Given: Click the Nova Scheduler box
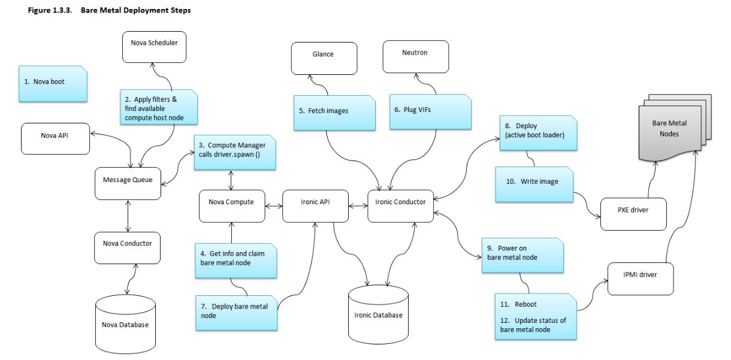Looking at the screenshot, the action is [155, 47].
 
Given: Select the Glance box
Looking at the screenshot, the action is [324, 59].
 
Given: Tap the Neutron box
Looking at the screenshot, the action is [416, 57].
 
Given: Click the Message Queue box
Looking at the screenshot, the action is [128, 183].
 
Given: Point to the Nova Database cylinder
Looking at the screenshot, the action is [125, 324].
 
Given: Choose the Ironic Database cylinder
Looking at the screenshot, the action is [378, 314].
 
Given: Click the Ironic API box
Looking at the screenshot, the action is [315, 206].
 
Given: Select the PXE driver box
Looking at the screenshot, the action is [633, 214].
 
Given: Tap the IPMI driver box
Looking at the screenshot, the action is [641, 279].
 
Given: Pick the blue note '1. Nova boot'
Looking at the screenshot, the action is [53, 84].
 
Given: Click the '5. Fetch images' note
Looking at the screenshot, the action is [334, 113].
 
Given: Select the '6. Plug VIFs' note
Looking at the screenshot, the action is [430, 112].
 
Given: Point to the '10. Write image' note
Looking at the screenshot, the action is [534, 184].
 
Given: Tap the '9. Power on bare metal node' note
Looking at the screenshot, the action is [522, 255].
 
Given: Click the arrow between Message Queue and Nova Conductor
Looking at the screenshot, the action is [128, 216].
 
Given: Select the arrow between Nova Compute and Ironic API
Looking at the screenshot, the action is [274, 206].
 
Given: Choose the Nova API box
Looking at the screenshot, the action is [55, 139].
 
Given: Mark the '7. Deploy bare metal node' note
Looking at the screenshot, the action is [236, 313].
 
